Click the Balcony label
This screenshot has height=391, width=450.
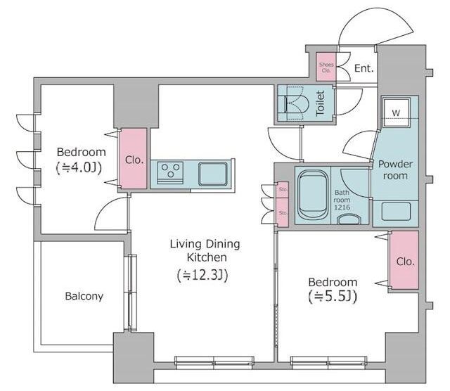pos(84,296)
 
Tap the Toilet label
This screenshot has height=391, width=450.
pos(321,103)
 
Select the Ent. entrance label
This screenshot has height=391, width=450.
pos(364,68)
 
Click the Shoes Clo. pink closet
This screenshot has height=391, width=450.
pos(326,67)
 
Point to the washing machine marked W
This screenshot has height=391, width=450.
pos(396,113)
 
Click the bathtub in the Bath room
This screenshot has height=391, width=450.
pos(313,194)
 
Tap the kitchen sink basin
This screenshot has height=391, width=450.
pos(212,174)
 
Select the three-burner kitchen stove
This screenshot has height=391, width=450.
pos(170,172)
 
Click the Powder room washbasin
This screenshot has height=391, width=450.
pos(396,211)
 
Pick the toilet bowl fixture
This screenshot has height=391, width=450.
pos(295,103)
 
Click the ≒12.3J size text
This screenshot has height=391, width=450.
pos(202,275)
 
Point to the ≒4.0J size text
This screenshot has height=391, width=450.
pos(79,167)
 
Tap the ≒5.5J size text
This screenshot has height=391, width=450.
pos(333,296)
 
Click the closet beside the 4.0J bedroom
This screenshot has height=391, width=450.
pos(133,158)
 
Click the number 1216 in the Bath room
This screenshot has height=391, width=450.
pos(342,207)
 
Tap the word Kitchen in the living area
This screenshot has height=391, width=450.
pos(207,257)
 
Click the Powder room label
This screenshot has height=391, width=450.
pos(395,169)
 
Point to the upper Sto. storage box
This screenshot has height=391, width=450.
pos(283,190)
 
